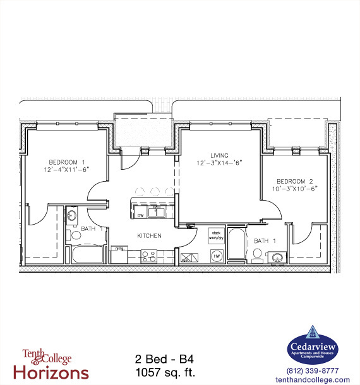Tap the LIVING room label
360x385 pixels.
click(x=220, y=155)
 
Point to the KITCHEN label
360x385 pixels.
click(x=150, y=235)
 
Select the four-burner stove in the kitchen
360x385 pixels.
click(x=149, y=256)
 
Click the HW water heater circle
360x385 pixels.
click(x=215, y=256)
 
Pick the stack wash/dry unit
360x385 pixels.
click(x=217, y=235)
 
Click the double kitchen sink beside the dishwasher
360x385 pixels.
click(x=157, y=211)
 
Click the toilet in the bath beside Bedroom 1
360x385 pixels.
click(x=75, y=235)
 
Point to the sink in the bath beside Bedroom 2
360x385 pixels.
click(x=276, y=257)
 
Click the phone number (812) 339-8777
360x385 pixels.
click(x=313, y=370)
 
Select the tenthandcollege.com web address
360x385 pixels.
click(x=313, y=379)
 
